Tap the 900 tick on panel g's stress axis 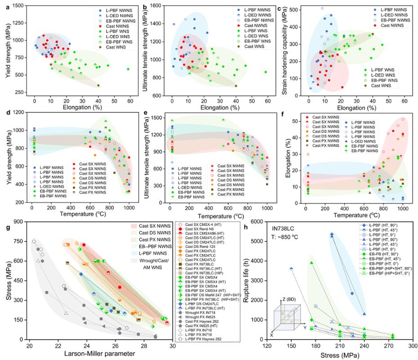coord(19,221)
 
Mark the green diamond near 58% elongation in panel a coord(128,69)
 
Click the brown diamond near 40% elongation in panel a coord(98,85)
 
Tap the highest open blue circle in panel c coord(322,8)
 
